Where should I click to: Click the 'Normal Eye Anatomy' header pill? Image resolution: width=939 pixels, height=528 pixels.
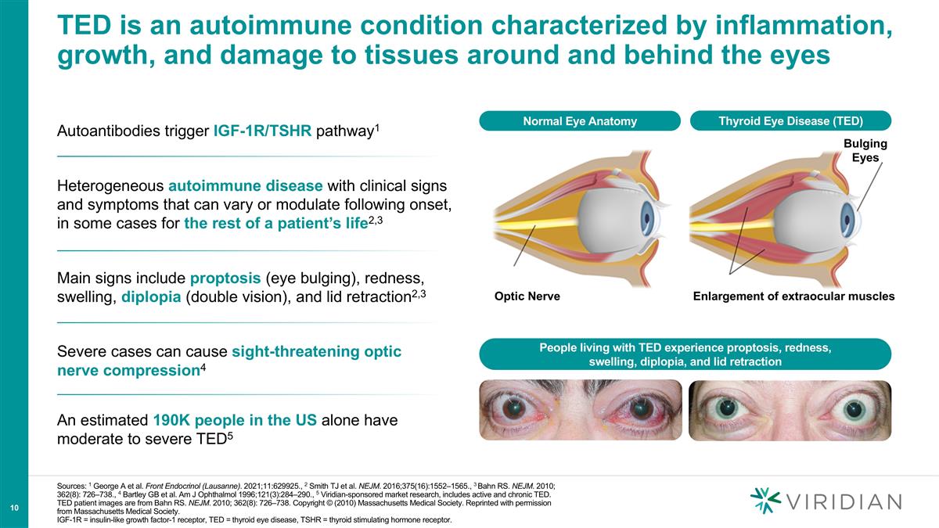coord(580,121)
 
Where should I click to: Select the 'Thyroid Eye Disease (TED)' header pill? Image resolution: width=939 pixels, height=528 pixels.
coord(790,121)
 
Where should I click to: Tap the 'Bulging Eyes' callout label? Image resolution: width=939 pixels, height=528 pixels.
coord(865,150)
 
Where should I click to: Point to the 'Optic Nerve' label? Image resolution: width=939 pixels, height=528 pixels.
coord(527,297)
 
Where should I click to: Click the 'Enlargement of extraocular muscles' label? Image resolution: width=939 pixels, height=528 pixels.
coord(793,297)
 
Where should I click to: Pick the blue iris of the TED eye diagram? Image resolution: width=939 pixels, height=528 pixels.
coord(851,214)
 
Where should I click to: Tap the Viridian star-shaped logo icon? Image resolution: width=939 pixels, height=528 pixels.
coord(765,501)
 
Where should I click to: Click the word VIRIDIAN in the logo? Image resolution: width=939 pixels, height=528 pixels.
coord(844,501)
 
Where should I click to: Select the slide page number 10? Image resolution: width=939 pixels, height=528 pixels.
coord(14,509)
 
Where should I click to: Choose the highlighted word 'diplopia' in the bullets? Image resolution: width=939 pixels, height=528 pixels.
coord(151,298)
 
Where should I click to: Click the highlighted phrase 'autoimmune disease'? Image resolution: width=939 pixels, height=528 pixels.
coord(245,186)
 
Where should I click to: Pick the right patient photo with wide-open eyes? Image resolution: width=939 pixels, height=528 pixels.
coord(790,410)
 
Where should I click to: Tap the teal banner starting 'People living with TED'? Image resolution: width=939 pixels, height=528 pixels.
coord(685,354)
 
